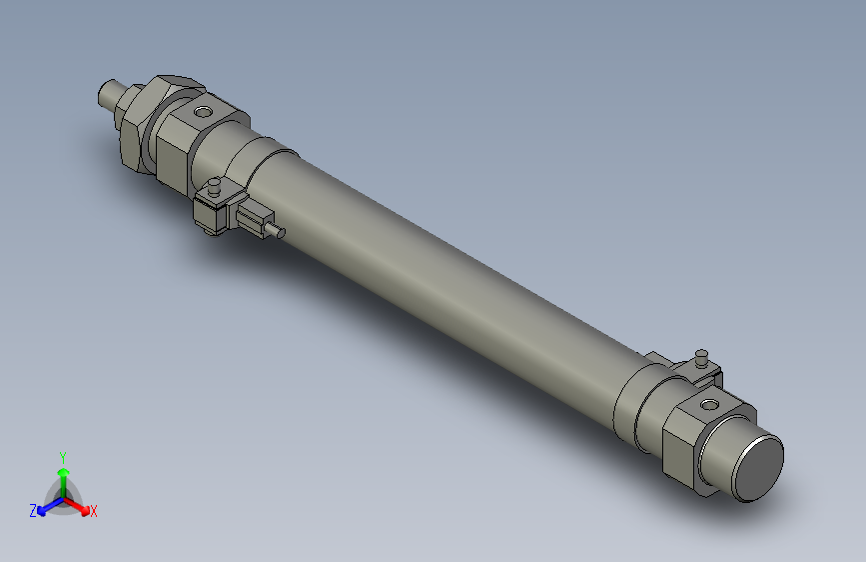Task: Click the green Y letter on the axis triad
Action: click(x=63, y=456)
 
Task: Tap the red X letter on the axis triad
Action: click(x=94, y=512)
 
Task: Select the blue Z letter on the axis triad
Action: click(x=33, y=510)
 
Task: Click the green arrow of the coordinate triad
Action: click(x=63, y=474)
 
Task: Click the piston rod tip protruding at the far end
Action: click(x=109, y=94)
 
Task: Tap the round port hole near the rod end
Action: click(x=205, y=110)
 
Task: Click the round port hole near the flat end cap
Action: click(x=709, y=405)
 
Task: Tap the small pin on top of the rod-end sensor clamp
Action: click(x=214, y=186)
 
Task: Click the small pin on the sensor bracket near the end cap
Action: click(x=702, y=356)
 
